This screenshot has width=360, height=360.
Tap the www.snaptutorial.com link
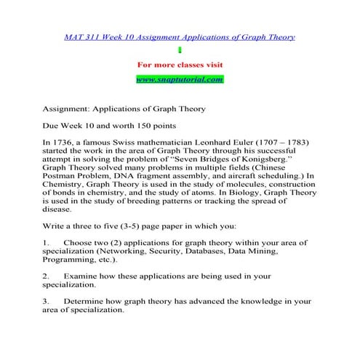tap(179, 79)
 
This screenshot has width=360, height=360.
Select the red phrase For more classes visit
tap(179, 64)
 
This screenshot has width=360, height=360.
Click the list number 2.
tap(46, 277)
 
